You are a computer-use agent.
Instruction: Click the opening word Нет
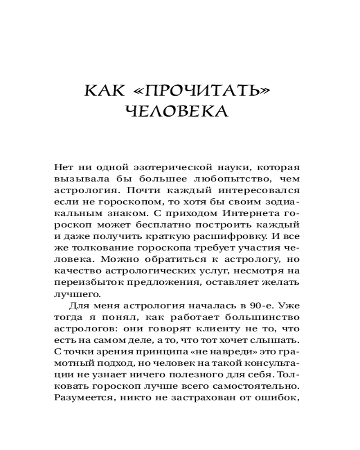[x=63, y=167]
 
